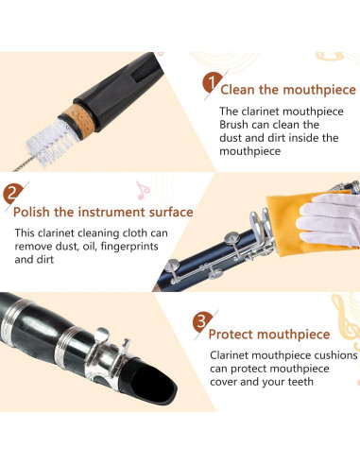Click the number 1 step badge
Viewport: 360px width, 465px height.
[x=211, y=82]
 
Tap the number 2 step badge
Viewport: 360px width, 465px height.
[x=12, y=197]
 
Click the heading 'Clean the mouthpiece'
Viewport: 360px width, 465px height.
[x=287, y=91]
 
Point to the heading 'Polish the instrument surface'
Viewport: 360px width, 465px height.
[x=104, y=212]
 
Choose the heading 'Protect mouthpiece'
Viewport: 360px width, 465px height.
[x=268, y=334]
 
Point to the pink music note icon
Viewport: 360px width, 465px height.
[x=143, y=189]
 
